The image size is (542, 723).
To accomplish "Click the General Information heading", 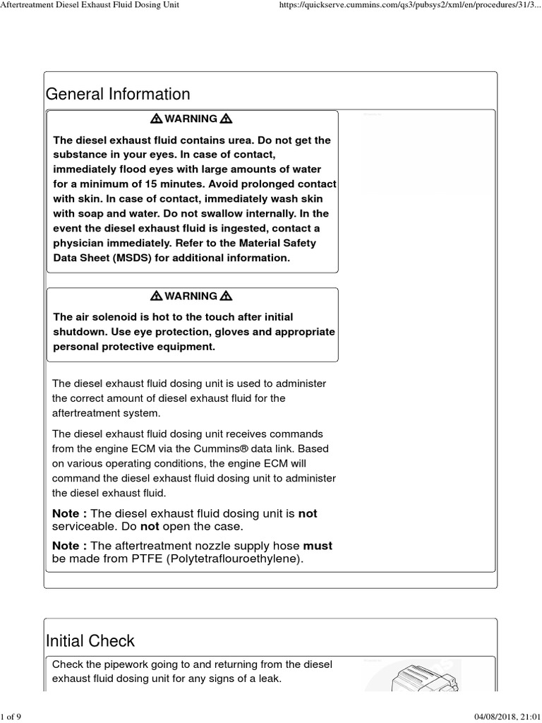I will pos(118,94).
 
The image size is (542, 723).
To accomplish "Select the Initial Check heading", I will pos(90,640).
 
